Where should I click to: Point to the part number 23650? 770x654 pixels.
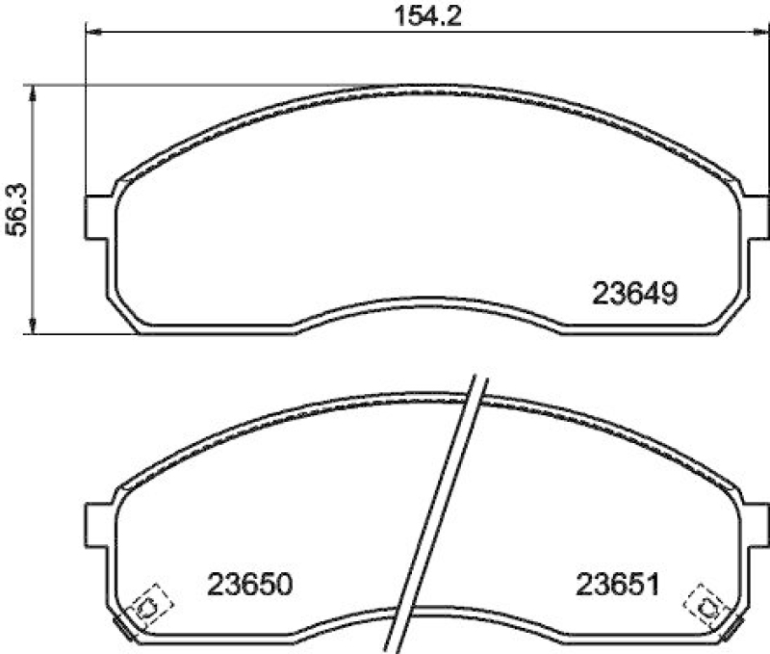click(x=248, y=584)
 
